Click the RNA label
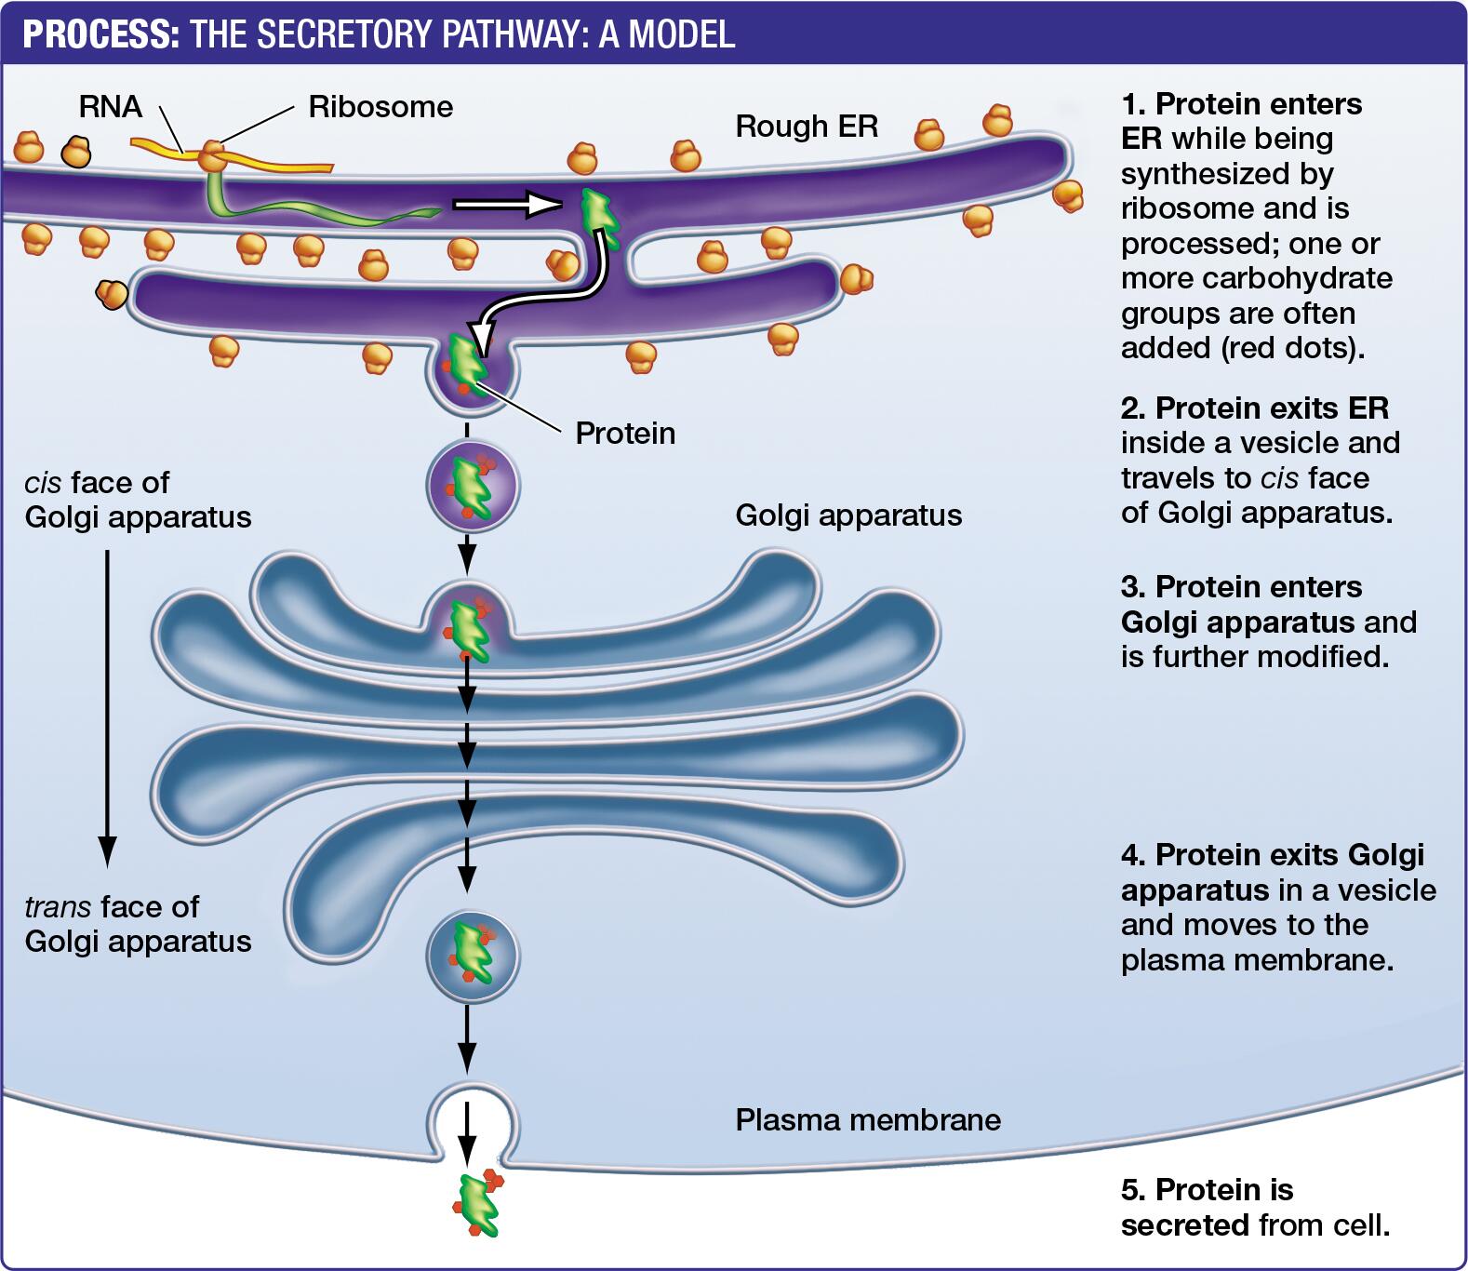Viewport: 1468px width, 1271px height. click(110, 106)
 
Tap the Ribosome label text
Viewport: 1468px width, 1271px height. click(380, 107)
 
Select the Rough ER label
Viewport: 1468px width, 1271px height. click(807, 127)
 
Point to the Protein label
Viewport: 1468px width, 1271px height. click(625, 433)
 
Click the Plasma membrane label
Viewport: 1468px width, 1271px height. click(868, 1119)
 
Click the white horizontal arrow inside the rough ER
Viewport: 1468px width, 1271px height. click(507, 204)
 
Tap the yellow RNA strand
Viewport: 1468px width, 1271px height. click(279, 163)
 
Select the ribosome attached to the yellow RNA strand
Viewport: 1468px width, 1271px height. click(213, 154)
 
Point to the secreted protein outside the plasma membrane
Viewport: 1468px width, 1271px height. click(479, 1205)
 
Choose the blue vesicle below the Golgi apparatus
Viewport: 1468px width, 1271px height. click(473, 956)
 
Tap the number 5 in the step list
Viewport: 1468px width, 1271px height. click(1130, 1190)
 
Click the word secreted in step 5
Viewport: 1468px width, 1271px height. click(1184, 1225)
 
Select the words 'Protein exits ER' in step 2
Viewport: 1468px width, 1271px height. click(1271, 408)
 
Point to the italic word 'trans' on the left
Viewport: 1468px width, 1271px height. click(58, 907)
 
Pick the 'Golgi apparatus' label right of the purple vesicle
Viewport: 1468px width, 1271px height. click(848, 515)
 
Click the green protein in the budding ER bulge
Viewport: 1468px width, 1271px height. click(468, 365)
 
